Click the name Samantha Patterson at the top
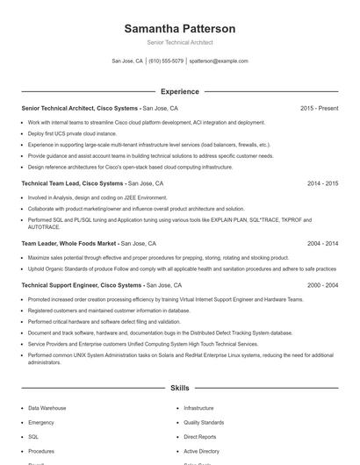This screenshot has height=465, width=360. point(179,29)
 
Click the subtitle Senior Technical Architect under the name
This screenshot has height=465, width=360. point(179,42)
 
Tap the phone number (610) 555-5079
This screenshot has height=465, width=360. point(166,61)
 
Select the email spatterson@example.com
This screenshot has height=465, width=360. point(219,61)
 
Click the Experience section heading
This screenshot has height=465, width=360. point(179,91)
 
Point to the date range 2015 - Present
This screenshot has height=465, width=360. point(319,108)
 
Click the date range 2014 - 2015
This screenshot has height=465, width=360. point(322,184)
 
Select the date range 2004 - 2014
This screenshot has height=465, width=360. point(322,243)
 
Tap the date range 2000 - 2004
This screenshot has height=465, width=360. point(322,286)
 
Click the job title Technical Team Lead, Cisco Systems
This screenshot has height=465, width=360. point(73,184)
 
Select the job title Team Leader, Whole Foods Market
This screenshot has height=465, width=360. point(68,243)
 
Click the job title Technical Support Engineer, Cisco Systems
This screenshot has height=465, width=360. point(81,286)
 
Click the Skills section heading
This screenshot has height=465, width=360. point(179,387)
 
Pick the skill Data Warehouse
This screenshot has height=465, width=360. point(47,408)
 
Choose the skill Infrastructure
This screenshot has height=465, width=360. point(198,408)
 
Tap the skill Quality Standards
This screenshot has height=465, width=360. point(203,422)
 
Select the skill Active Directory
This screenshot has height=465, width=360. point(201,450)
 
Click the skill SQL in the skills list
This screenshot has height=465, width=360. point(33,436)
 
